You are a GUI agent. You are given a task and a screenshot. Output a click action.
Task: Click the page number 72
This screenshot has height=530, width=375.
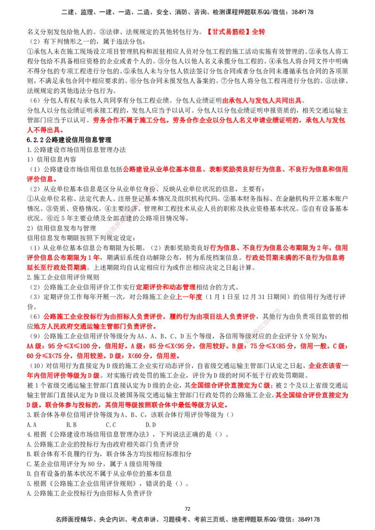pos(187,509)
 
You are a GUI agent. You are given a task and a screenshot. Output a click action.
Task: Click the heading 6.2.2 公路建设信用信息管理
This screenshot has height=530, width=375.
pos(69,140)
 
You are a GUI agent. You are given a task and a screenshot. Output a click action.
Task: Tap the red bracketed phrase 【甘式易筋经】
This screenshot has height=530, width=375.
pos(228,32)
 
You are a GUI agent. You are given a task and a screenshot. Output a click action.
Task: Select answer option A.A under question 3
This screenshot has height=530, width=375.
pos(31,425)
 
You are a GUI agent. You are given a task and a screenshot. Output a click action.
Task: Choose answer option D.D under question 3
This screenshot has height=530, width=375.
pos(150,425)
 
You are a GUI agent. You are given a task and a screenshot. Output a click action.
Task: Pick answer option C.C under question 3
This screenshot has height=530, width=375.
pos(111,425)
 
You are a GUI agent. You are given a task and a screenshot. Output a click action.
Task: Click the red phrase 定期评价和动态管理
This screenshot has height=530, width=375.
pos(166,287)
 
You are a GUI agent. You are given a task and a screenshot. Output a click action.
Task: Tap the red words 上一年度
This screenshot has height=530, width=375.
pos(189,297)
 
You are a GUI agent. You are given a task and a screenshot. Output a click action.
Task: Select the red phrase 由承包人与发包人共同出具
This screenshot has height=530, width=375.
pos(262,101)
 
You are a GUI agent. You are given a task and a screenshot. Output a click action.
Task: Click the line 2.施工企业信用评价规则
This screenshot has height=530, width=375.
pos(63,278)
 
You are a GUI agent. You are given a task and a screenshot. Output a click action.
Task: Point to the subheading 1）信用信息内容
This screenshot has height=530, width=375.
pos(52,160)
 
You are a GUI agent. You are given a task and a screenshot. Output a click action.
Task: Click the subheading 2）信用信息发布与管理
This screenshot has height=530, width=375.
pos(61,228)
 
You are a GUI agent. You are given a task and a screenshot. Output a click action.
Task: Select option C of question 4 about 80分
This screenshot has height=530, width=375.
pos(94,464)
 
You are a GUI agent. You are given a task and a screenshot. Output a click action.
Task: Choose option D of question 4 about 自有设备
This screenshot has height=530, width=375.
pos(99,473)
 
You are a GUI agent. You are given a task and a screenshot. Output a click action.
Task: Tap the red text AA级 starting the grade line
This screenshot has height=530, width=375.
pos(35,346)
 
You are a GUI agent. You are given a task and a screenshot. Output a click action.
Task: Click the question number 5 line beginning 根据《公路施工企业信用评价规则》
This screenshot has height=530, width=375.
pos(108,483)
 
